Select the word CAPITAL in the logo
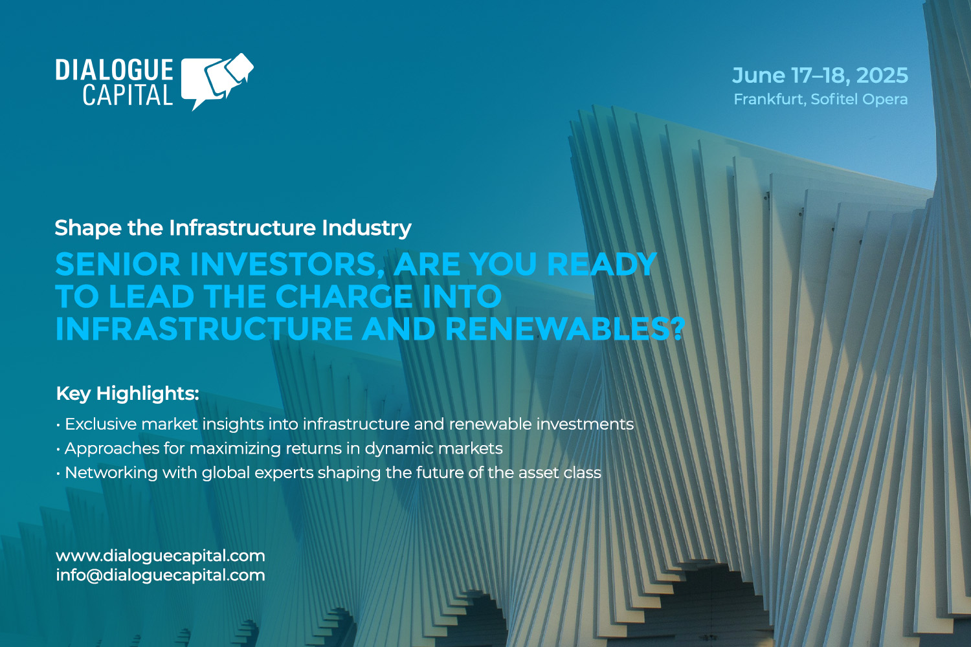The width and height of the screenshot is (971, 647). (x=128, y=96)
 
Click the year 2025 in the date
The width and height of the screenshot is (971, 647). (x=882, y=76)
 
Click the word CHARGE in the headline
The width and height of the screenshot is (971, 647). (x=344, y=297)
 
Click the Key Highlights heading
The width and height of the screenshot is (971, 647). (x=128, y=393)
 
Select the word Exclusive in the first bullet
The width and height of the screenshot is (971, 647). (x=100, y=424)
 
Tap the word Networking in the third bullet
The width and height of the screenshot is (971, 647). (x=111, y=473)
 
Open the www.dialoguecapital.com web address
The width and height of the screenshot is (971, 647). (x=161, y=556)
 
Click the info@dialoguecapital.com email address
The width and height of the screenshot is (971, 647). (x=161, y=575)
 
